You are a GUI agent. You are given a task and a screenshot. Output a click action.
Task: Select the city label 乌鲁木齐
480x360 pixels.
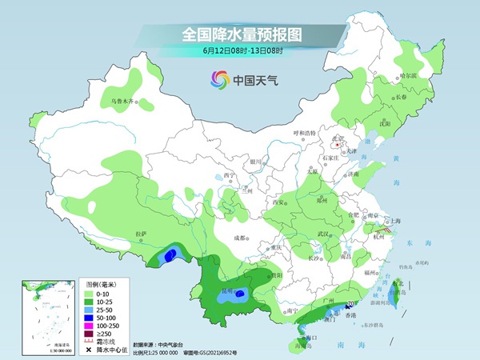pyautogui.click(x=122, y=102)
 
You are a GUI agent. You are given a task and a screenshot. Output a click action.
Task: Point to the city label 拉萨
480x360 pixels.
pyautogui.click(x=142, y=234)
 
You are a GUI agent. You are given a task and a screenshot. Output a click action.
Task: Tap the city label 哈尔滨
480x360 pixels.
pyautogui.click(x=408, y=75)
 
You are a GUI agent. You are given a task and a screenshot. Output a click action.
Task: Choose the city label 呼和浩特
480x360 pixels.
pyautogui.click(x=304, y=132)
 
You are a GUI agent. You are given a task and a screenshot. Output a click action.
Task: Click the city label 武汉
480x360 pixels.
pyautogui.click(x=324, y=233)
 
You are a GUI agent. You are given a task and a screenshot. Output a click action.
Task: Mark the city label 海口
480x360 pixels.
pyautogui.click(x=314, y=338)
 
